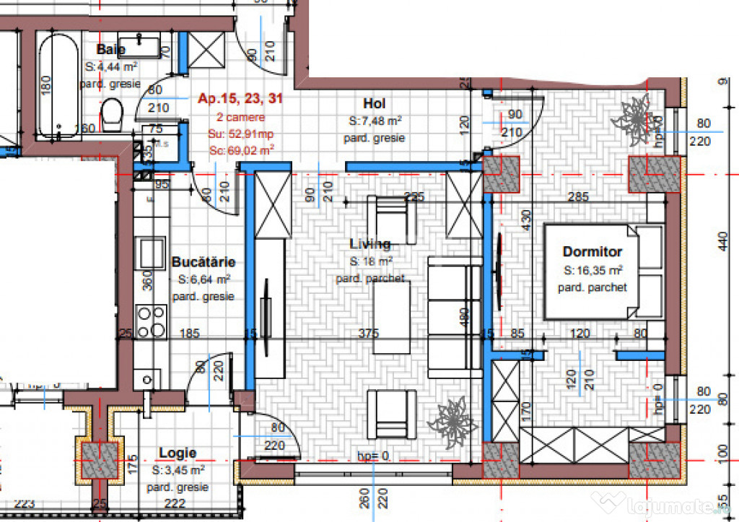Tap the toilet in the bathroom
click(112, 115)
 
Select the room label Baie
click(110, 50)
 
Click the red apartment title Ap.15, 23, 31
click(236, 100)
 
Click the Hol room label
click(375, 104)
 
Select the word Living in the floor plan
click(370, 244)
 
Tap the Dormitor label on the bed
click(592, 252)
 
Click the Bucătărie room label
click(203, 262)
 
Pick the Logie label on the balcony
click(178, 453)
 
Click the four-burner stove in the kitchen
click(151, 322)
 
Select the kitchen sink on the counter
click(152, 253)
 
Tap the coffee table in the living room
click(391, 316)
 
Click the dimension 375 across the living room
click(369, 334)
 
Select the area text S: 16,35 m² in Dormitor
click(592, 270)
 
